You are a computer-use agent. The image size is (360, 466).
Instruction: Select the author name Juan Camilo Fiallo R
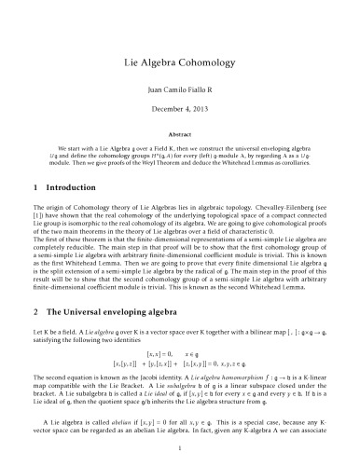[x=180, y=91]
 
